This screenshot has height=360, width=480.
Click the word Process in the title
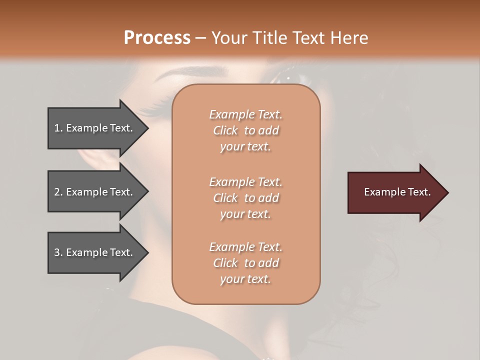[157, 37]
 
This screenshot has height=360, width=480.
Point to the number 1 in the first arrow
[57, 128]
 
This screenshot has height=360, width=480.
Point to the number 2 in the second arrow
[57, 192]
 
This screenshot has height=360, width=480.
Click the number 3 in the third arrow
[57, 252]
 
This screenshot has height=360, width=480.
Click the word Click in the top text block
[225, 130]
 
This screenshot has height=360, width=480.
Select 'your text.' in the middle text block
[245, 214]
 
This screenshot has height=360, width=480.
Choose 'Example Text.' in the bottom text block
[245, 247]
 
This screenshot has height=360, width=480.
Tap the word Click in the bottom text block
[225, 263]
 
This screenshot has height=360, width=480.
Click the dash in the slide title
[201, 37]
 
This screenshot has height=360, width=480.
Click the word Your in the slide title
[228, 37]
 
